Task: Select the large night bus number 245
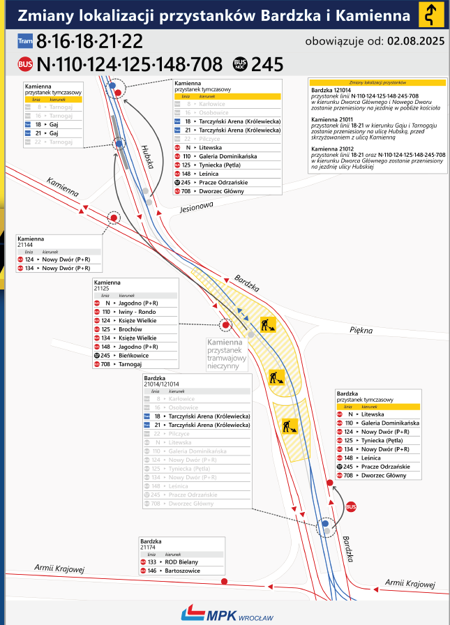point(267,65)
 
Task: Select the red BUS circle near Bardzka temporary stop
point(351,507)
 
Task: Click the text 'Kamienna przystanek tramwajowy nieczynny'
point(225,354)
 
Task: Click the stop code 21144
point(25,244)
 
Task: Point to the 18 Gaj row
point(52,123)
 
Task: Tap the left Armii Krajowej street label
point(59,569)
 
